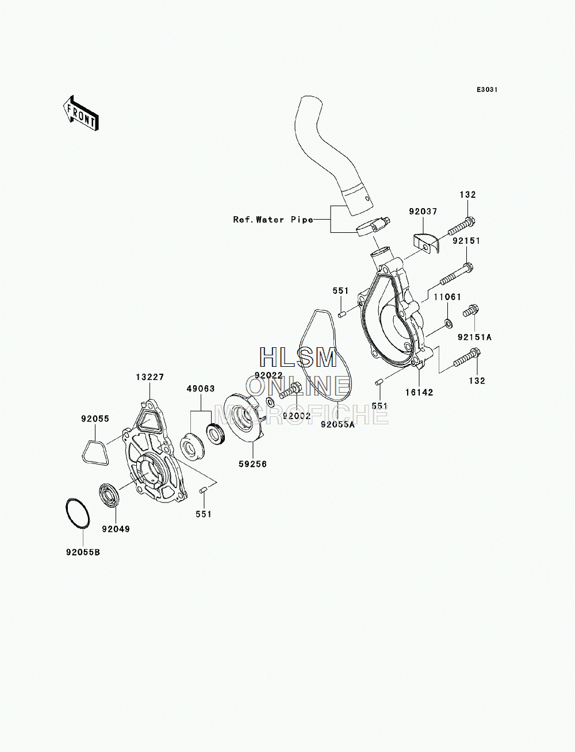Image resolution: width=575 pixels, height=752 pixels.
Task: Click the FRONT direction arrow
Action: pyautogui.click(x=80, y=113)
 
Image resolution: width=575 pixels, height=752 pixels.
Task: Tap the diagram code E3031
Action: pyautogui.click(x=487, y=90)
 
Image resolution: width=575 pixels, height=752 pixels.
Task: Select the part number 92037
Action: pyautogui.click(x=423, y=212)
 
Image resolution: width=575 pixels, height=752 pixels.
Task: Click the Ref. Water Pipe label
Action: pyautogui.click(x=273, y=220)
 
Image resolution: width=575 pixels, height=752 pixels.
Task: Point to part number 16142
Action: pyautogui.click(x=419, y=392)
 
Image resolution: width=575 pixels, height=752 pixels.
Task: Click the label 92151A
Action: pyautogui.click(x=474, y=337)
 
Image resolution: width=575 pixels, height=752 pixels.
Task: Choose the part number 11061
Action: pyautogui.click(x=447, y=297)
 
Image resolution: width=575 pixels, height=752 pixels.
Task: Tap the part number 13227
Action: pyautogui.click(x=150, y=377)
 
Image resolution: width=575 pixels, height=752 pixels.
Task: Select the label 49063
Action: pyautogui.click(x=201, y=389)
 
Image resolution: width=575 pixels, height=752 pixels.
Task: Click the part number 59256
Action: pyautogui.click(x=252, y=464)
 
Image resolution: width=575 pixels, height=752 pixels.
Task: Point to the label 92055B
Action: pyautogui.click(x=83, y=553)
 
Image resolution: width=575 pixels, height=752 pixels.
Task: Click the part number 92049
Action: pyautogui.click(x=116, y=529)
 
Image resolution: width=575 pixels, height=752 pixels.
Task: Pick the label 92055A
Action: pyautogui.click(x=338, y=424)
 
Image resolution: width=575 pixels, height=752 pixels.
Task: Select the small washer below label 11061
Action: pyautogui.click(x=448, y=323)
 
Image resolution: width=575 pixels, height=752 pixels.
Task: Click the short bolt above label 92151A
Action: pyautogui.click(x=471, y=310)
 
